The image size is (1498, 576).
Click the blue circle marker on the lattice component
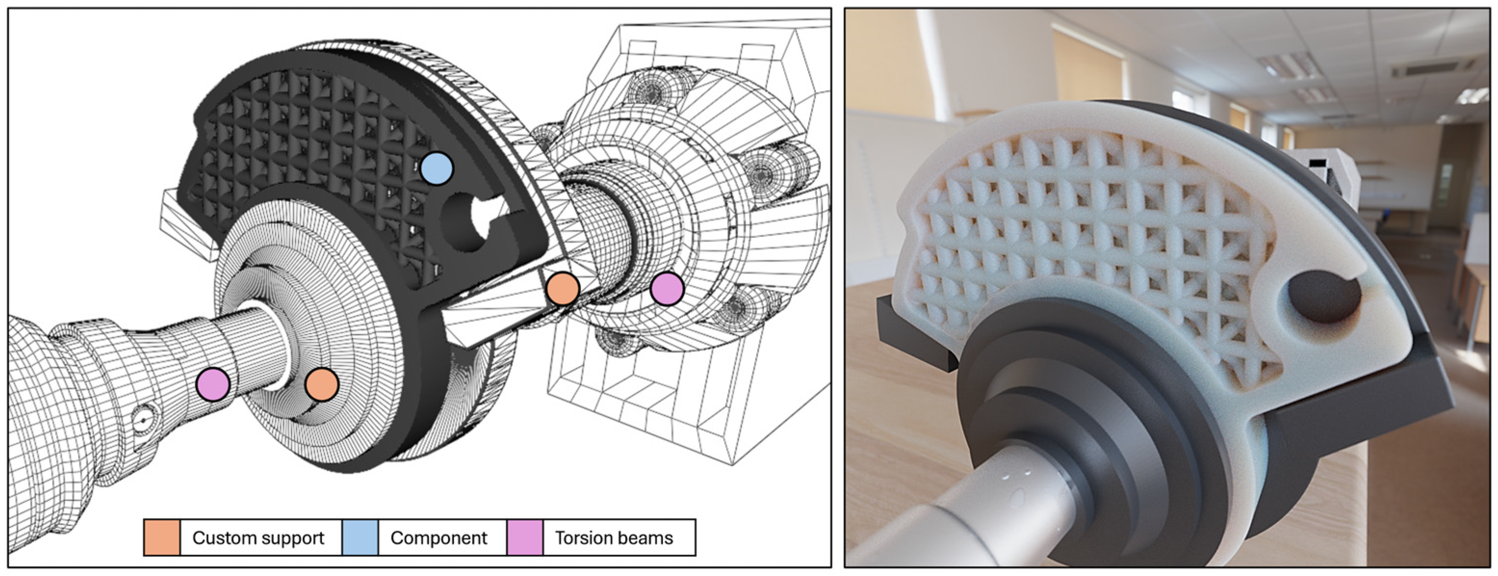tap(436, 168)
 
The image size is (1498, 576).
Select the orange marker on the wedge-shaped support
tap(562, 288)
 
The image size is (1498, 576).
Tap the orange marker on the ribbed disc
tap(322, 384)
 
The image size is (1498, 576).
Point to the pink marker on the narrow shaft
tap(213, 384)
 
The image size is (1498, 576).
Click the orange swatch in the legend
tap(162, 537)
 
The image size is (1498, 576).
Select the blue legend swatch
tap(360, 537)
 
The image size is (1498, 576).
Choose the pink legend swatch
tap(525, 537)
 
